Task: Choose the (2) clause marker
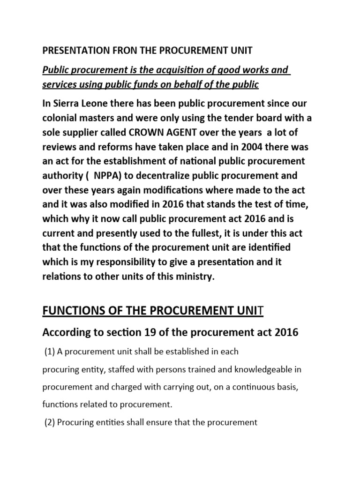(x=50, y=422)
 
